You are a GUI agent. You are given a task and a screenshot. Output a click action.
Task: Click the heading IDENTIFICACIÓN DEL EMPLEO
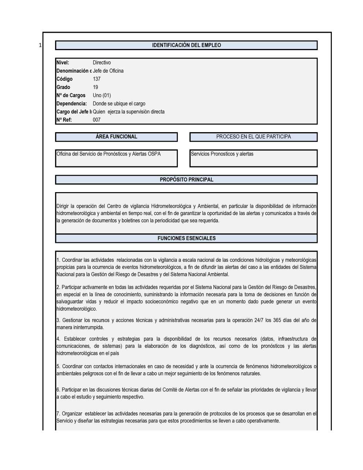186,45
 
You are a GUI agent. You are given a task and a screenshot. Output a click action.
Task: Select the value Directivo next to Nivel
102,63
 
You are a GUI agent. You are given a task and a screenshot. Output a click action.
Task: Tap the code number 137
97,79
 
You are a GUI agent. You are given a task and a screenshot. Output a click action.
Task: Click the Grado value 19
95,87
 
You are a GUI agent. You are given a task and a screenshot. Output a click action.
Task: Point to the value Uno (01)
102,96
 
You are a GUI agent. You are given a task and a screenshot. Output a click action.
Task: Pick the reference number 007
97,120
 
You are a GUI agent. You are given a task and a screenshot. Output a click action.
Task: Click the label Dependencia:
72,104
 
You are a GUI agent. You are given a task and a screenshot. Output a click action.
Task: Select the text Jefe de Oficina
108,71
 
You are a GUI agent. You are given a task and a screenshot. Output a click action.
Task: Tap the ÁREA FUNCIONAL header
116,137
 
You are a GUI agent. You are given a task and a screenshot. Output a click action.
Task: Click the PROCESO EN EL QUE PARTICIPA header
253,137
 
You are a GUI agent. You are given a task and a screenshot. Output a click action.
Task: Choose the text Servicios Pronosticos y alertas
222,154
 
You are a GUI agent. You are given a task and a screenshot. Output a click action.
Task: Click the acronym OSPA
154,154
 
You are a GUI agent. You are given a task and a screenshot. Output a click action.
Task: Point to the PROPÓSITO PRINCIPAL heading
187,180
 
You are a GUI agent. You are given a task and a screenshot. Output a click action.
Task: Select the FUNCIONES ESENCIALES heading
187,239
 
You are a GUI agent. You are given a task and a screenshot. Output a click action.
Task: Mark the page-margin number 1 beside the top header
40,45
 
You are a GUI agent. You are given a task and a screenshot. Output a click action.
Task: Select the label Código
65,79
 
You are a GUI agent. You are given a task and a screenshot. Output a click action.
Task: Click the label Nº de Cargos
71,96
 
